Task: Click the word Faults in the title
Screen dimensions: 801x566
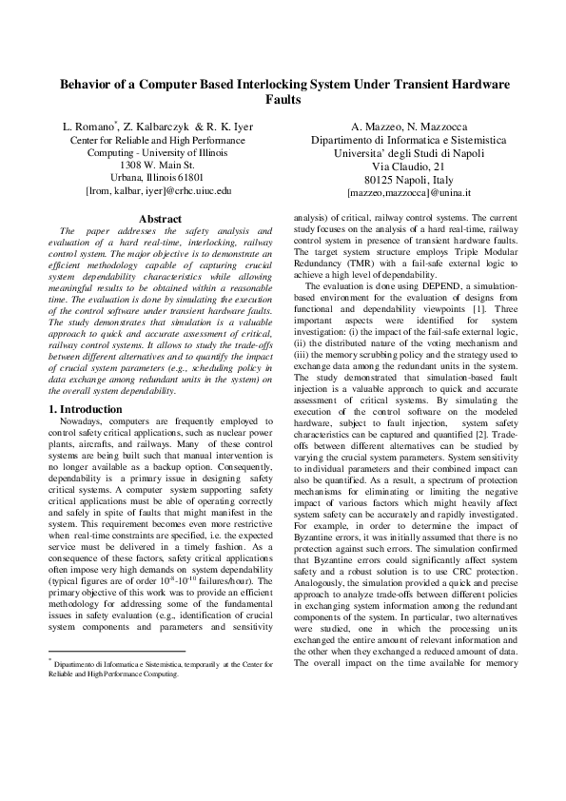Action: pos(283,99)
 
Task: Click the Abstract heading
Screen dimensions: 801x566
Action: pos(160,219)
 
